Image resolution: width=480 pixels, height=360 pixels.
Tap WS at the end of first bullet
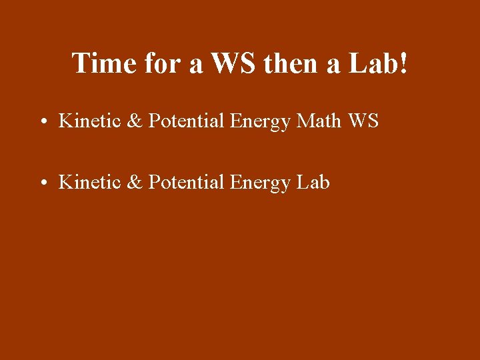[x=363, y=121]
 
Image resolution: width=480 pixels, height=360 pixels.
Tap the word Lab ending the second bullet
[x=313, y=181]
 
